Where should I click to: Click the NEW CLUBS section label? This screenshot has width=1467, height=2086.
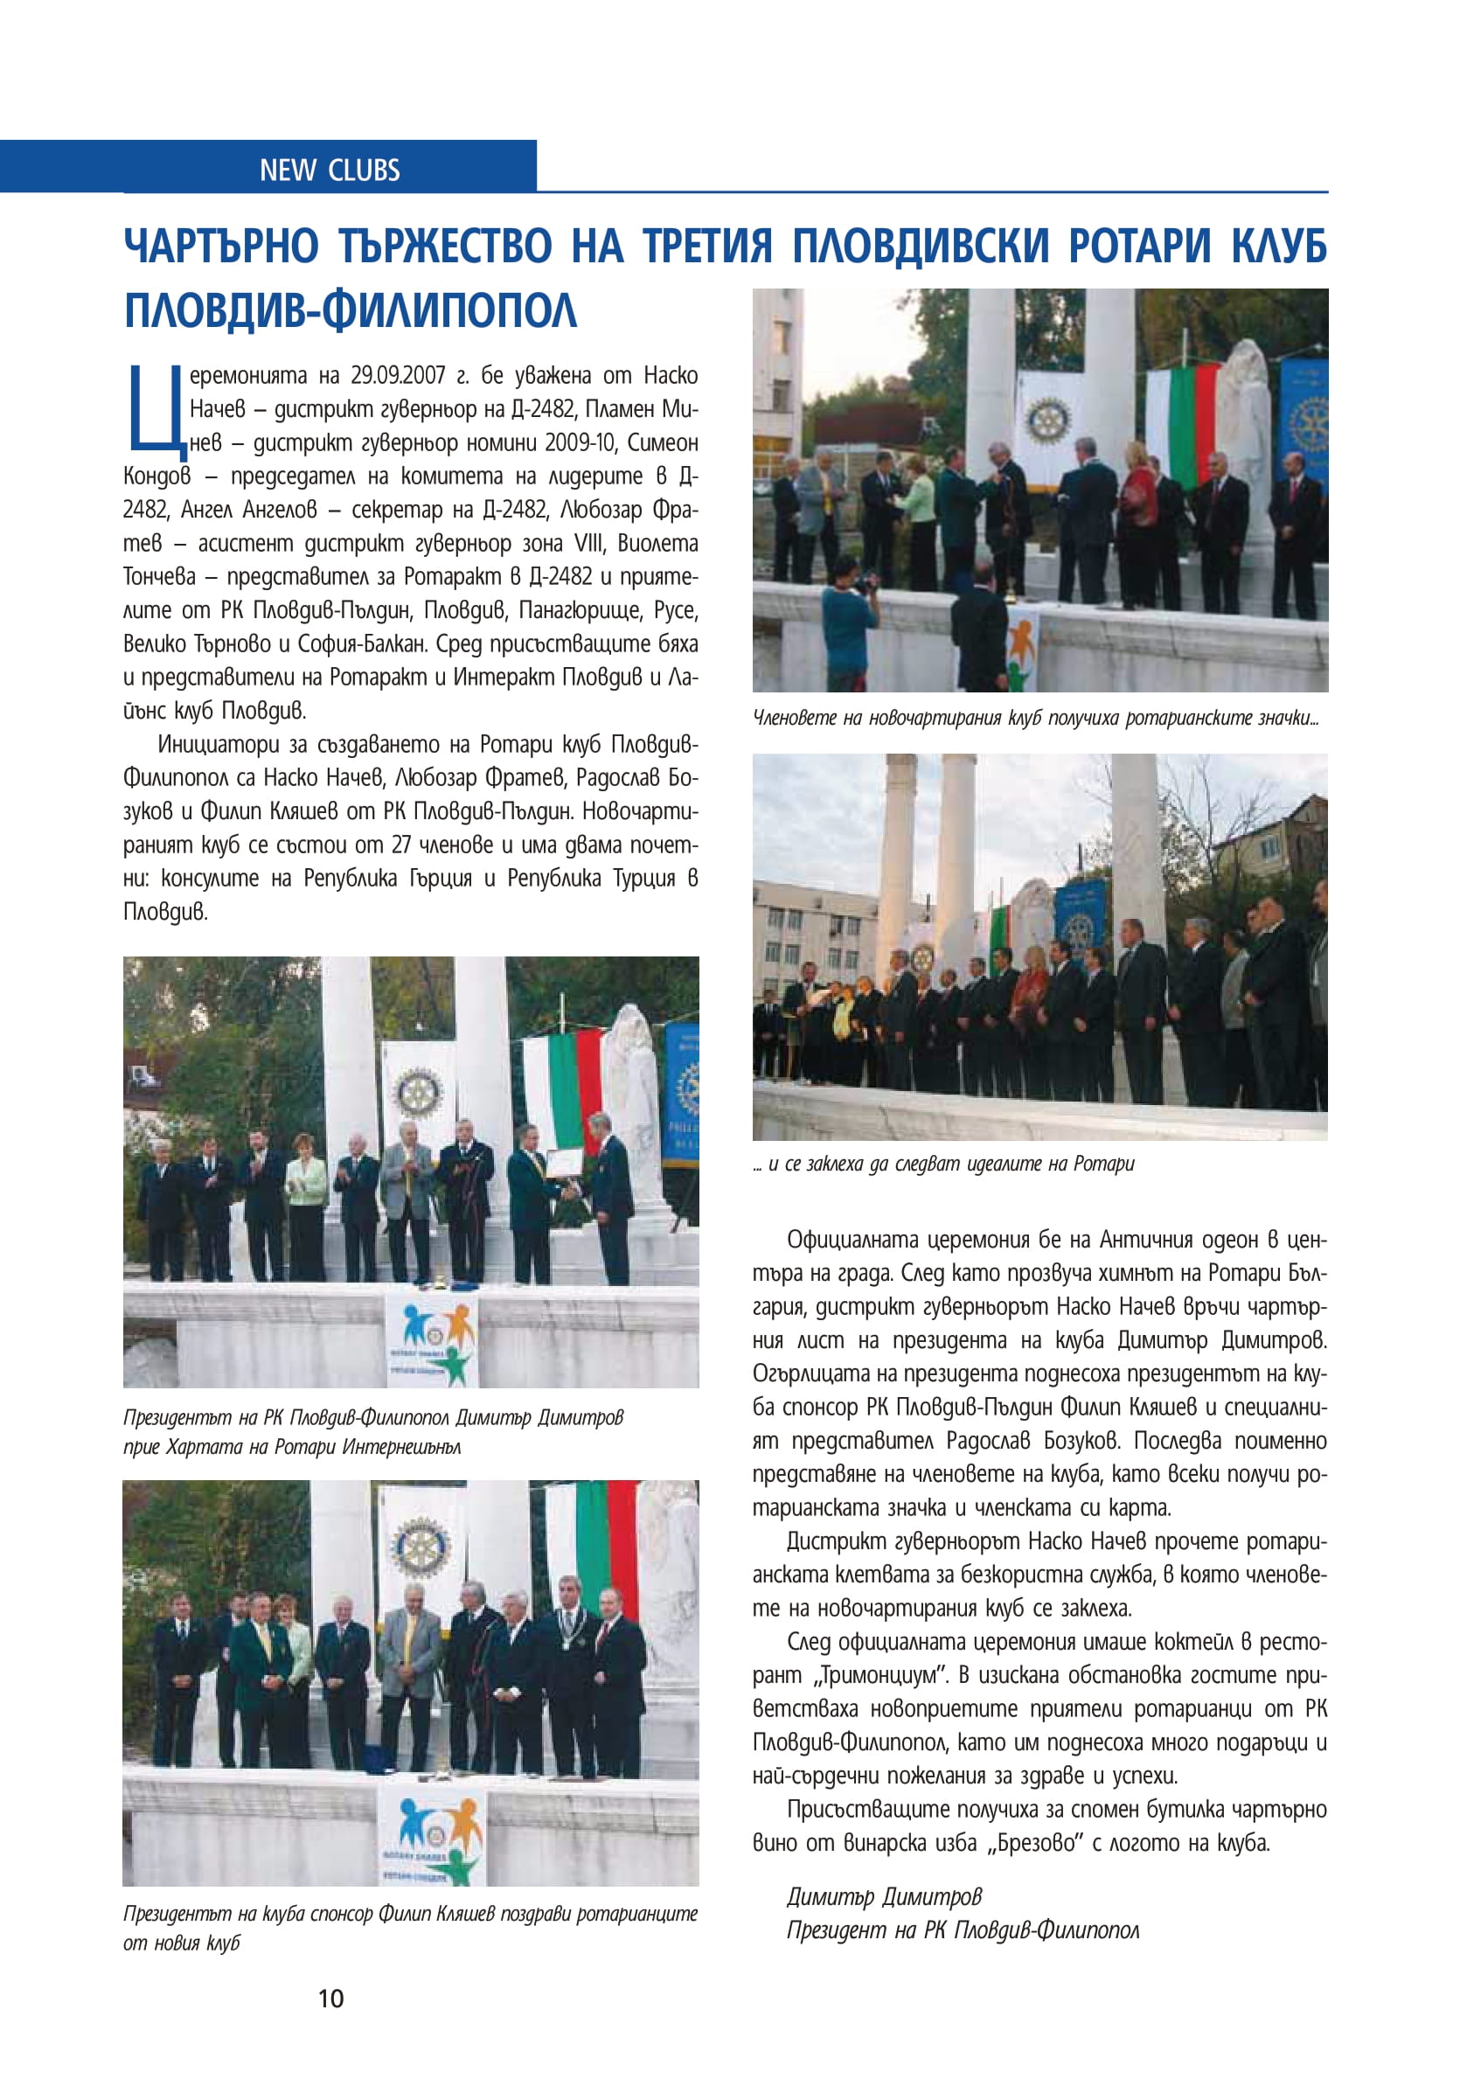[x=329, y=170]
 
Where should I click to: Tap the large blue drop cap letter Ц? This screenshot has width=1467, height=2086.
[x=156, y=409]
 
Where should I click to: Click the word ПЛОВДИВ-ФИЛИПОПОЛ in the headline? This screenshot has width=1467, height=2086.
[x=350, y=309]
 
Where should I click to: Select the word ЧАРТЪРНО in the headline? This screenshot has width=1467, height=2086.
[x=222, y=247]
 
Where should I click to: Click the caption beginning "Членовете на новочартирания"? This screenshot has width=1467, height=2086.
[x=1035, y=718]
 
